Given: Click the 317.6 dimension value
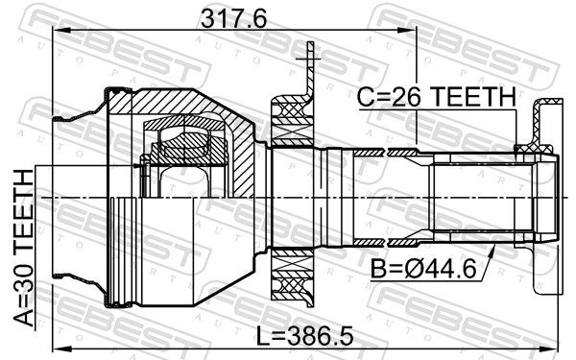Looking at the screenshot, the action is click(x=233, y=19).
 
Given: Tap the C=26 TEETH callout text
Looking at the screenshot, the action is click(x=437, y=97).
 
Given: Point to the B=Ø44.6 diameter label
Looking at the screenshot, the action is click(x=422, y=269).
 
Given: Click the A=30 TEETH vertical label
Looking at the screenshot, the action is click(x=23, y=248).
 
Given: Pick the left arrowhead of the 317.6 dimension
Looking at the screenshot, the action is click(x=60, y=31).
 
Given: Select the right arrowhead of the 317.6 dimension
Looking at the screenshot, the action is click(x=410, y=31).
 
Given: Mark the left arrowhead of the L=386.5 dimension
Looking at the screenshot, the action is click(x=60, y=347).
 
